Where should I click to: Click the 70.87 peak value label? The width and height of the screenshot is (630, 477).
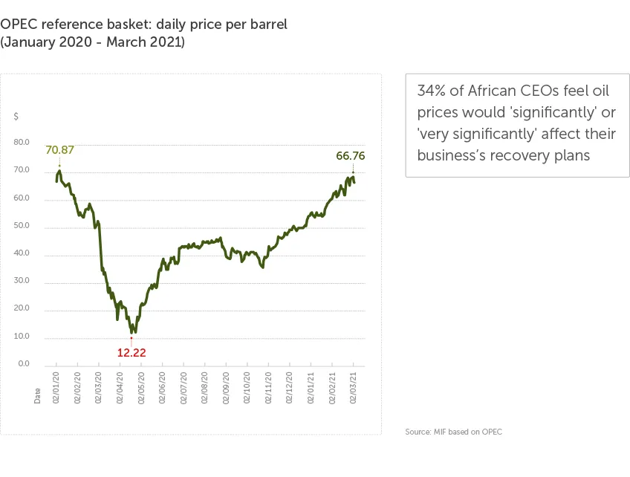pyautogui.click(x=60, y=150)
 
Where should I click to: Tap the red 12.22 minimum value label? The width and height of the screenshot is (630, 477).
pyautogui.click(x=131, y=353)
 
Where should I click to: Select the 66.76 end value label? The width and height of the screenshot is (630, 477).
pyautogui.click(x=350, y=156)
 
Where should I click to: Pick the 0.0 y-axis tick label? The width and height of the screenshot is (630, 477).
pyautogui.click(x=23, y=364)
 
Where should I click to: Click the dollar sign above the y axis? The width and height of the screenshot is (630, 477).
pyautogui.click(x=16, y=117)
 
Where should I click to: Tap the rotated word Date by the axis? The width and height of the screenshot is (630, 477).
pyautogui.click(x=38, y=396)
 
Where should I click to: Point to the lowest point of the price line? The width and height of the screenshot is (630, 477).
pyautogui.click(x=134, y=332)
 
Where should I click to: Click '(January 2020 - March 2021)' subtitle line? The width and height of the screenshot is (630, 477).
pyautogui.click(x=92, y=42)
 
